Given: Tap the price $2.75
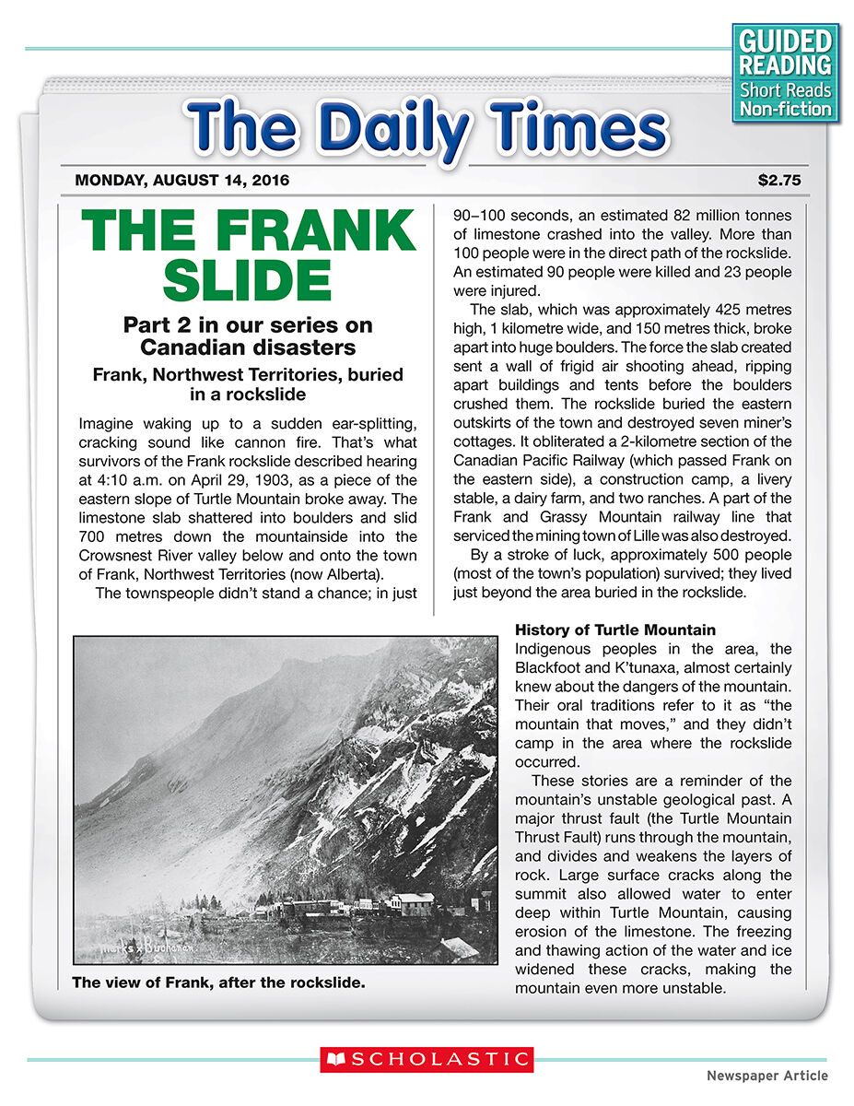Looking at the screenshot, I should [x=779, y=181].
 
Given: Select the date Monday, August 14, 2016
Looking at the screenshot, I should [x=181, y=181].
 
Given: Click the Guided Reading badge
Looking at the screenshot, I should [x=786, y=73].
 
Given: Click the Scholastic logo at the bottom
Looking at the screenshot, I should [x=427, y=1059].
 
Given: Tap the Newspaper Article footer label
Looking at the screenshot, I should [x=766, y=1076].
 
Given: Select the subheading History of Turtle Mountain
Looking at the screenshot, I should [x=614, y=630].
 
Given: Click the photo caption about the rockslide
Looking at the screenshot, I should [x=218, y=982].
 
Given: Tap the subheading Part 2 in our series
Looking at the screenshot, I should [x=248, y=336].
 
